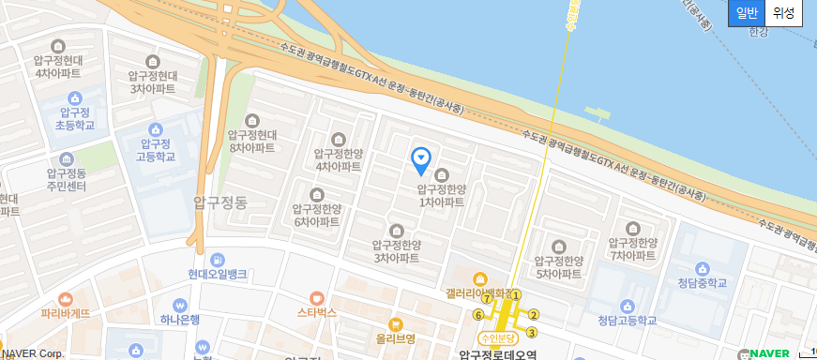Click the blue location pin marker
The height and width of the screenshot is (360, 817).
pos(422,160)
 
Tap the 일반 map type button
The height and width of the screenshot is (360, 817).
pos(747,13)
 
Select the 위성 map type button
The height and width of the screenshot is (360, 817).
pos(783,13)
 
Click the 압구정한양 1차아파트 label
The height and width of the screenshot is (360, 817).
pos(441,195)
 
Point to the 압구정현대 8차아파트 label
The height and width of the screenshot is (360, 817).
pos(251,141)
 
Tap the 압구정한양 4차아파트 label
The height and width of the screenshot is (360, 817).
pos(338,159)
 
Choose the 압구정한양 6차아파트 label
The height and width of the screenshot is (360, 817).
pos(317,215)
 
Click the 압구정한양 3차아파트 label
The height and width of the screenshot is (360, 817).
pos(396,251)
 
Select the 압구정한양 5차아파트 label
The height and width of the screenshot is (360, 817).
pos(560,266)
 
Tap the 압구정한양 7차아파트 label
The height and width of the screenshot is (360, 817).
pos(633,247)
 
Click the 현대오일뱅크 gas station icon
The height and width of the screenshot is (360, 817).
pos(218,259)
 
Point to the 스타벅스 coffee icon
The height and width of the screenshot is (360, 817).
pos(317,297)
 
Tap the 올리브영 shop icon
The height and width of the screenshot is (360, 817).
pos(395,324)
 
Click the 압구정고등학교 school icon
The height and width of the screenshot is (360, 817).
pos(156,130)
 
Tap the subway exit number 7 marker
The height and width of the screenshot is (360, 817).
pos(486,299)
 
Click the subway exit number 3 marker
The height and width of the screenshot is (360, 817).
pos(531,332)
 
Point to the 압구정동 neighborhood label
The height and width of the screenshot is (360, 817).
pos(219,202)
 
